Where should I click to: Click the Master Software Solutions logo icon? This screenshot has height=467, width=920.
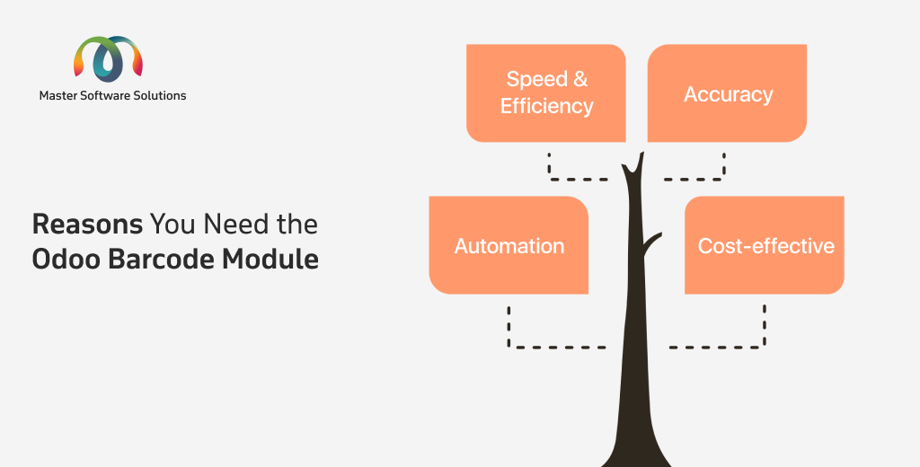pos(108,58)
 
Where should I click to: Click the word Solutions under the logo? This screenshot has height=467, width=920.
pos(160,95)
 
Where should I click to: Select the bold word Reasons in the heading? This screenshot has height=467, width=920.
pos(87,225)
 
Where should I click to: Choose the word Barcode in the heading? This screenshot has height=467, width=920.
pos(162,260)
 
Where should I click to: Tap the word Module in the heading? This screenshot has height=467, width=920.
pos(270,260)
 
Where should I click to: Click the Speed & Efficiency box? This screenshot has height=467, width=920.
pos(545,93)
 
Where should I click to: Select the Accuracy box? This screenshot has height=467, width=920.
pos(727,93)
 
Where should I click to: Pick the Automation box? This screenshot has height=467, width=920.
pos(509,245)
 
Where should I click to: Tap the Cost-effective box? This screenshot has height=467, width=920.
pos(765,245)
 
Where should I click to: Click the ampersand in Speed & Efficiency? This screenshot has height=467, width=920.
pos(580,79)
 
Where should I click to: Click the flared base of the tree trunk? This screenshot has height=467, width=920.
pos(636,449)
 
